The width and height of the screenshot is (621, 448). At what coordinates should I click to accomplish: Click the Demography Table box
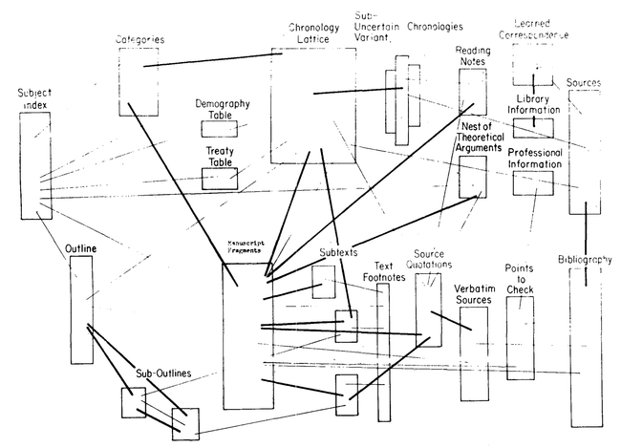click(220, 127)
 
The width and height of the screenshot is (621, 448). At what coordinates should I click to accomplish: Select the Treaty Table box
click(220, 178)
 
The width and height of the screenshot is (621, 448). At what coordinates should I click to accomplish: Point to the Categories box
click(139, 81)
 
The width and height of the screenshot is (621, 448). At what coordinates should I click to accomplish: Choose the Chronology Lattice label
click(312, 35)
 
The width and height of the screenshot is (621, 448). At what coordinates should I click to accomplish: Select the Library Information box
click(533, 128)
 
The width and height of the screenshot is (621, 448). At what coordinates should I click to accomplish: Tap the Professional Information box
click(533, 182)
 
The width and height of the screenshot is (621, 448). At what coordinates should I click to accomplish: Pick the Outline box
click(81, 310)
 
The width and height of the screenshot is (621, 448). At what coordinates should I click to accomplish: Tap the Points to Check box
click(520, 339)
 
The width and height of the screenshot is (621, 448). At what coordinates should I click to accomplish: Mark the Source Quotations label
click(429, 260)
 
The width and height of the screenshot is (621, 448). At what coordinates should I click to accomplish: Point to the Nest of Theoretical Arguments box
click(473, 176)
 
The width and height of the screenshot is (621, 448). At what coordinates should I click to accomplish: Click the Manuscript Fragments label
click(246, 247)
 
